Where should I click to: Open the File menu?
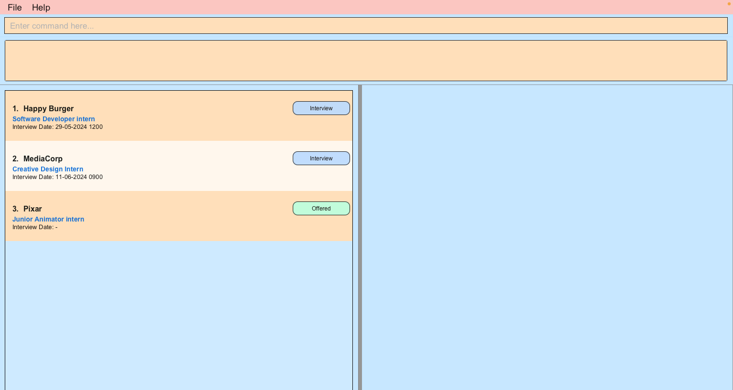click(x=15, y=8)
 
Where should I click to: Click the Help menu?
click(x=41, y=8)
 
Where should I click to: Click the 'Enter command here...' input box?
click(x=366, y=26)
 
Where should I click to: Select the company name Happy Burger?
click(x=48, y=109)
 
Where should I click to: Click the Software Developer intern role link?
click(x=53, y=119)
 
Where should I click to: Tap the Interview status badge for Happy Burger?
click(x=321, y=108)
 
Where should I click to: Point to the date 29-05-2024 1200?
click(x=79, y=127)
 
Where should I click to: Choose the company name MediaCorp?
click(x=43, y=159)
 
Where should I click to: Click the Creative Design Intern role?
click(x=48, y=169)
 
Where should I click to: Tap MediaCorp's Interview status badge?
click(x=321, y=158)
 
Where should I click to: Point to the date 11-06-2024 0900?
click(x=79, y=177)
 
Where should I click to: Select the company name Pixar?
click(x=32, y=209)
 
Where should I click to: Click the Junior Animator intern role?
click(x=48, y=220)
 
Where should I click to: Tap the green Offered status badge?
click(x=321, y=209)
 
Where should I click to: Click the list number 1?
click(x=15, y=109)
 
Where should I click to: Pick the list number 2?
click(x=15, y=159)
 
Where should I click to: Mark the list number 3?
click(x=15, y=209)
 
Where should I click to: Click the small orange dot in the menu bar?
click(x=729, y=4)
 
